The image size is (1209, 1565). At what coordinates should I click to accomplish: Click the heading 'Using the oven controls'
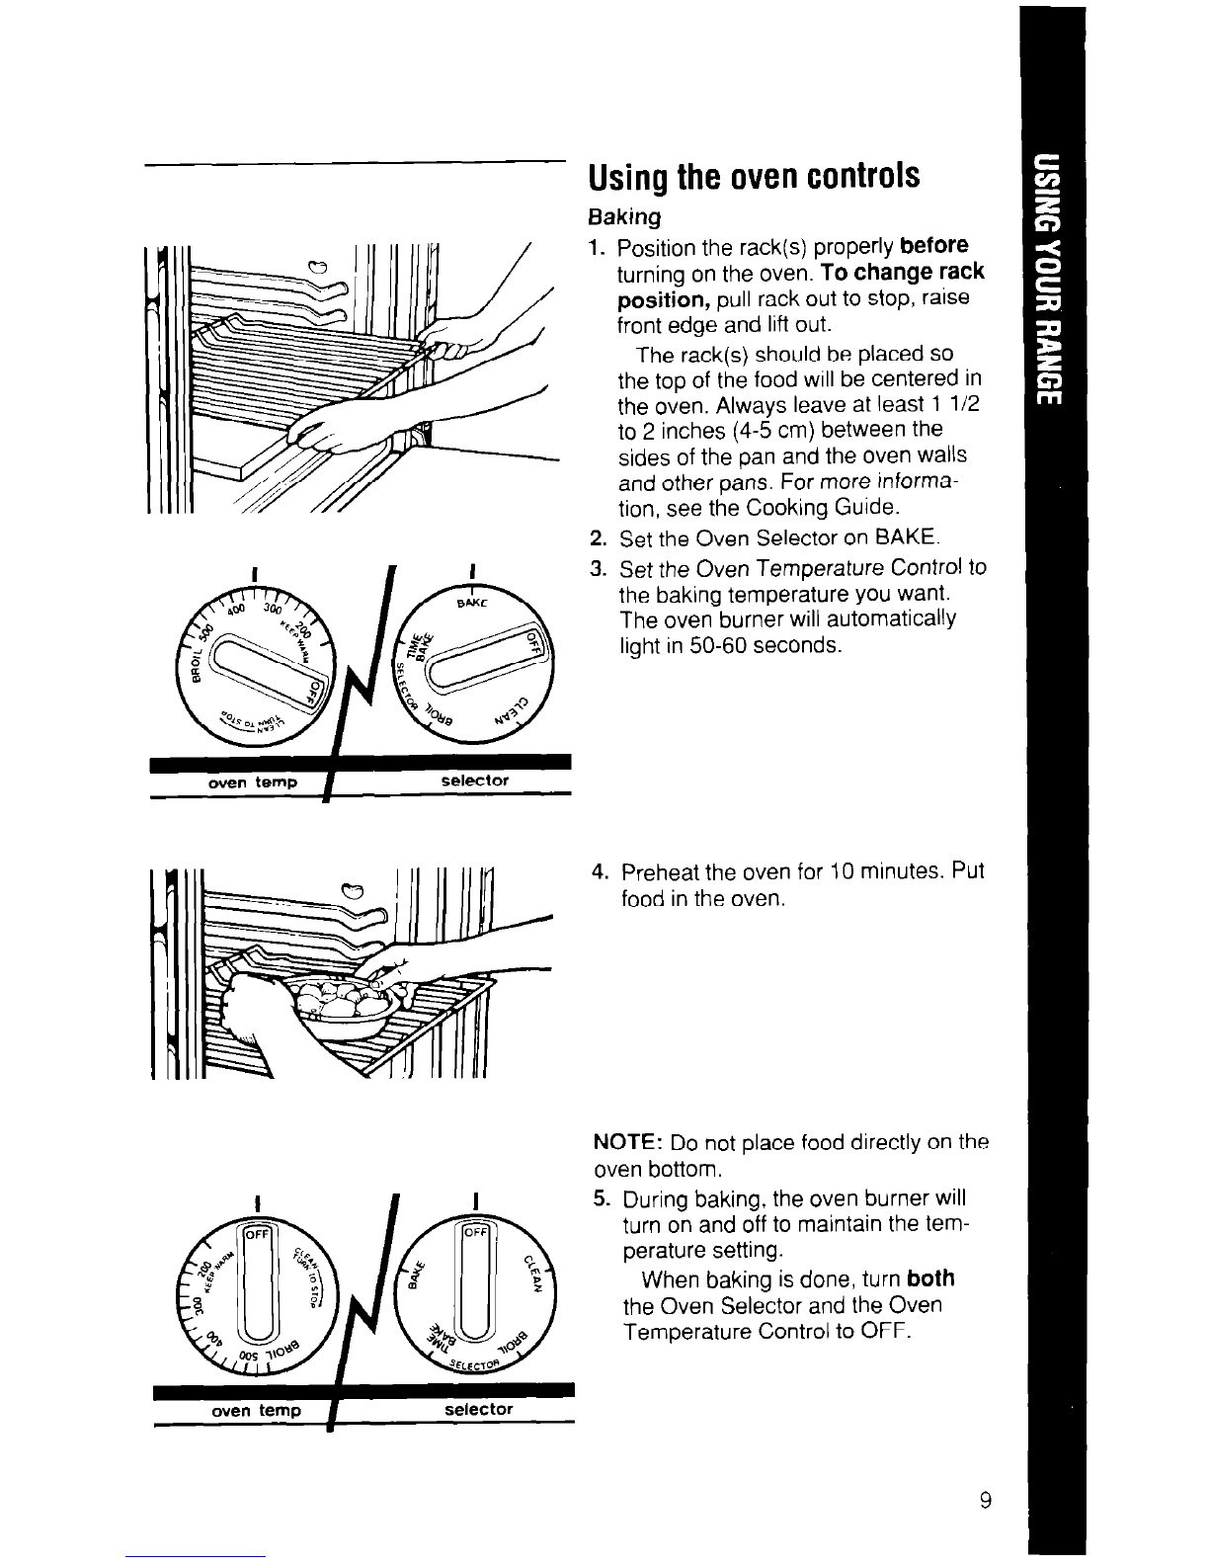(x=755, y=178)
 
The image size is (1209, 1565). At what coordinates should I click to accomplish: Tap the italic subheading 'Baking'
(x=623, y=215)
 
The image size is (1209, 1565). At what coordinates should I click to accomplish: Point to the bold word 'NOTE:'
(x=626, y=1143)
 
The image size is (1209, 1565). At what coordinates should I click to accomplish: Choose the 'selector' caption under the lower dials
(x=478, y=1409)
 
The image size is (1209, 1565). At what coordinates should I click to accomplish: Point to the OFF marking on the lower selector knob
(x=478, y=1233)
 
